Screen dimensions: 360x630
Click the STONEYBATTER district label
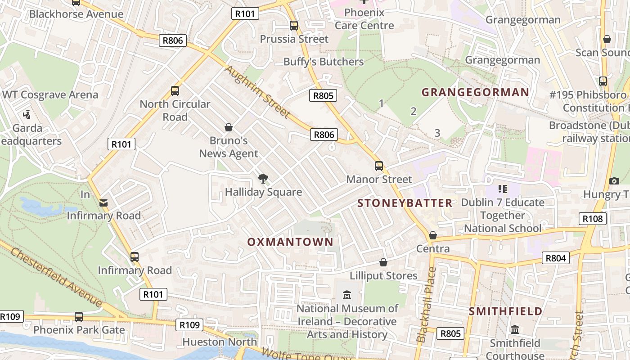click(405, 203)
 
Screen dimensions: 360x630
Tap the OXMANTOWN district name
click(290, 242)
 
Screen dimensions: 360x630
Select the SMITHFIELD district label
click(505, 311)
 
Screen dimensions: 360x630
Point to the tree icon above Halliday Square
click(263, 179)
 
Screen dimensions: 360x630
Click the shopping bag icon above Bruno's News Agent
click(229, 127)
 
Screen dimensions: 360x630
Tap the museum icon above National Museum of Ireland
click(347, 295)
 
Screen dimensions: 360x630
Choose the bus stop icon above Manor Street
click(379, 166)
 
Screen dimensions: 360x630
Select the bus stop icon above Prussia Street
click(294, 26)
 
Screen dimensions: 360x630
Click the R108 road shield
click(592, 219)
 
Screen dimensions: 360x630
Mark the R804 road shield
click(556, 258)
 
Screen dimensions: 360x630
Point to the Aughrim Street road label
click(257, 92)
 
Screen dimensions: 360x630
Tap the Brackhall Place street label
click(426, 305)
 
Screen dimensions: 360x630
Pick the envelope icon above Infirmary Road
click(104, 203)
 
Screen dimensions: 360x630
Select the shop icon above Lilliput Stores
click(383, 262)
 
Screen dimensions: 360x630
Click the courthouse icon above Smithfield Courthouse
click(515, 330)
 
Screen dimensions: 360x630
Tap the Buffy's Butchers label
click(323, 62)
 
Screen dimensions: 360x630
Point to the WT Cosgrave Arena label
click(50, 95)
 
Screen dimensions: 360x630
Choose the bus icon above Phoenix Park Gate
click(79, 316)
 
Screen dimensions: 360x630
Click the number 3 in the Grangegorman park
click(437, 133)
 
